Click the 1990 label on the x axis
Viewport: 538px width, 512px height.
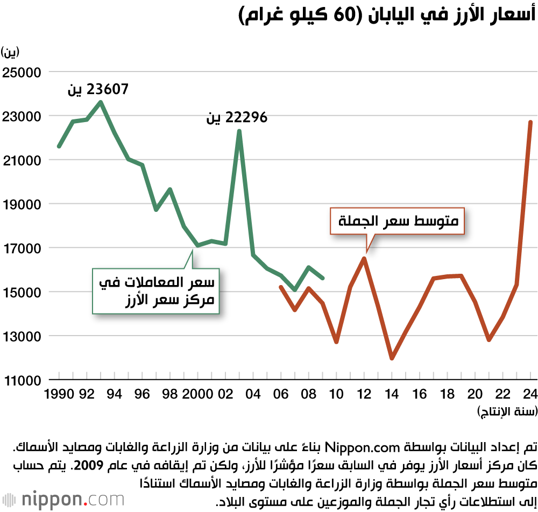[x=59, y=394]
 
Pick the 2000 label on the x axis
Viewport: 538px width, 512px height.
[x=197, y=394]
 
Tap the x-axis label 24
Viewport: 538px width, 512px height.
[x=530, y=394]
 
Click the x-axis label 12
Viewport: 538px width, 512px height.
[x=364, y=394]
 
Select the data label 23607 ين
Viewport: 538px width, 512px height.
[x=98, y=89]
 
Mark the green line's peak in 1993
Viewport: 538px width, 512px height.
[x=101, y=102]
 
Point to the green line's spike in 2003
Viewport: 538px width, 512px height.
[x=239, y=131]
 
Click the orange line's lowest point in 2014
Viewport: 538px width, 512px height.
[x=392, y=359]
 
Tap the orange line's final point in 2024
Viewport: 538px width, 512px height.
[x=530, y=122]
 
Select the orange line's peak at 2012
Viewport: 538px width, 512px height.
[x=364, y=258]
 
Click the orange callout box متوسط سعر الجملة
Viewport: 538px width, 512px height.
[x=398, y=221]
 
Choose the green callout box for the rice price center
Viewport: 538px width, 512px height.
[x=157, y=290]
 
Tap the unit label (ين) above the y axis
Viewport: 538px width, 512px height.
[x=10, y=52]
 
